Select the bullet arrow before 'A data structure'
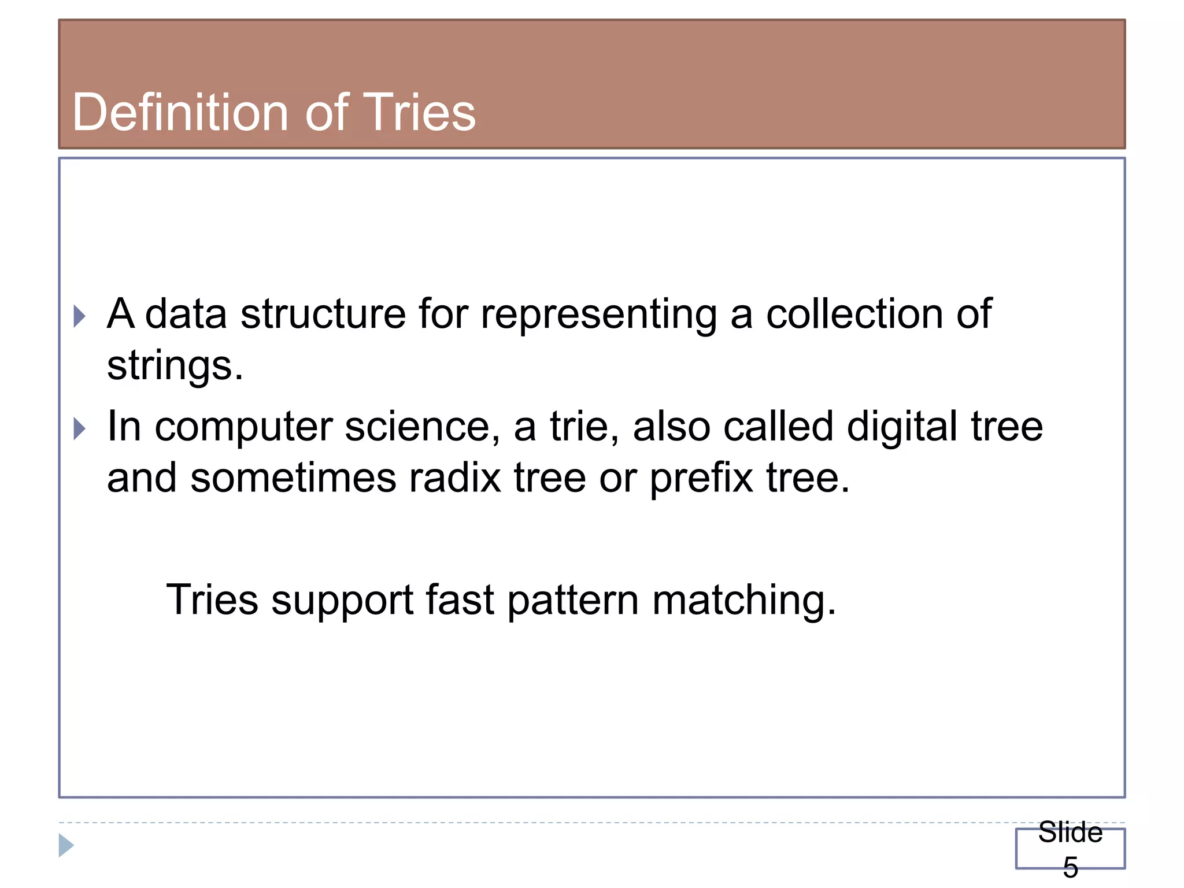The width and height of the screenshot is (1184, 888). (x=80, y=316)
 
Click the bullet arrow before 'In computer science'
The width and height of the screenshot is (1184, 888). (x=80, y=428)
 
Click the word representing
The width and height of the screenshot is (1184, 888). (x=598, y=315)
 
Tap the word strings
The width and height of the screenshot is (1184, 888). (x=175, y=367)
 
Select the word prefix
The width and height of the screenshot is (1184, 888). (x=701, y=479)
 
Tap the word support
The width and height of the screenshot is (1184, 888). (x=342, y=601)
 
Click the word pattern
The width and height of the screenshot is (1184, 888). (x=573, y=600)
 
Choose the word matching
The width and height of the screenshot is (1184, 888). (x=744, y=601)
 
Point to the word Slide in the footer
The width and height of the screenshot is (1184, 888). (x=1070, y=832)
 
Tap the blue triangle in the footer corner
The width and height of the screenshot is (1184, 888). (x=66, y=845)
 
